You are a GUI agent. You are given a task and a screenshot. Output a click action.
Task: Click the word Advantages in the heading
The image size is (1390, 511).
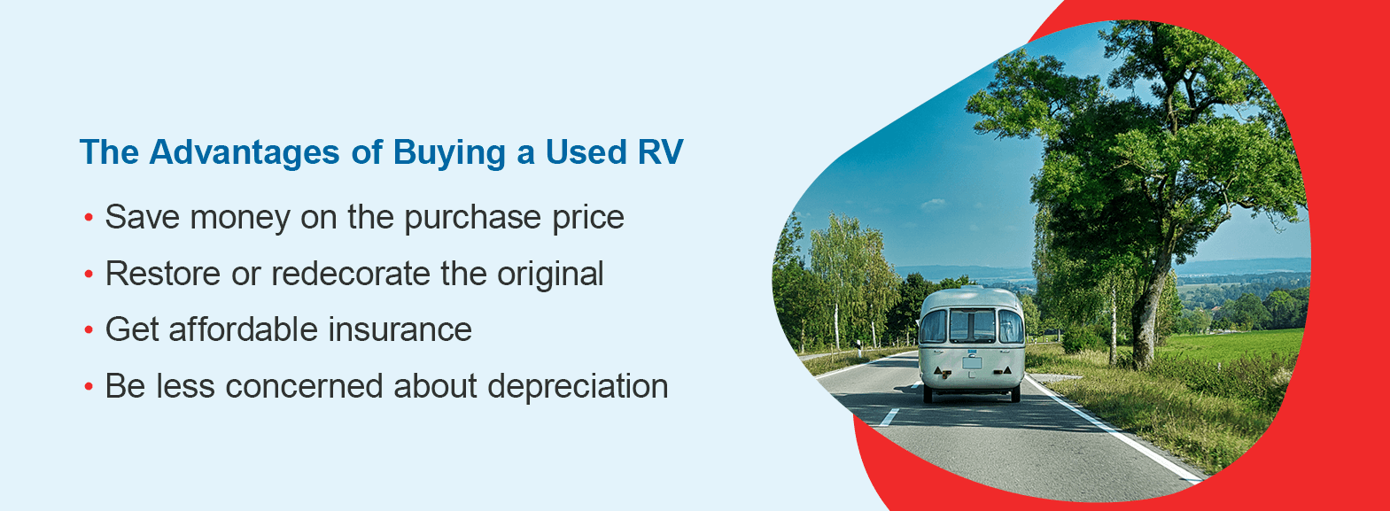click(245, 153)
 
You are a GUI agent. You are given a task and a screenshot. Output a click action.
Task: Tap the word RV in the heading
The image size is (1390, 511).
click(660, 152)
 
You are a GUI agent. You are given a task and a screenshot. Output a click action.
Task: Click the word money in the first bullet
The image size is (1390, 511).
click(240, 218)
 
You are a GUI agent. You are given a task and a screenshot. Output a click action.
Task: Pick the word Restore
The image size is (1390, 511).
click(163, 274)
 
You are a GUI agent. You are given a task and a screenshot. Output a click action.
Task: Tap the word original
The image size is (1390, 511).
click(550, 275)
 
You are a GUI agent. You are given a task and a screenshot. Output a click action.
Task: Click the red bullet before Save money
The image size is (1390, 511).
click(89, 218)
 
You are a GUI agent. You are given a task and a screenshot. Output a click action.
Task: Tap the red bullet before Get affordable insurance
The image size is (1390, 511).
click(89, 330)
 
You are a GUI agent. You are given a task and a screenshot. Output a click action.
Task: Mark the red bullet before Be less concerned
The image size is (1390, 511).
click(89, 387)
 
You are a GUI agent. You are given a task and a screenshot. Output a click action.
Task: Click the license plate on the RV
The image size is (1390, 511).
click(972, 362)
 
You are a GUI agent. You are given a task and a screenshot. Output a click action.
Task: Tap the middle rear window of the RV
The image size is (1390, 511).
click(972, 325)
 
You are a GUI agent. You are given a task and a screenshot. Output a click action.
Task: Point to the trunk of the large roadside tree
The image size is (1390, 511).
click(1149, 310)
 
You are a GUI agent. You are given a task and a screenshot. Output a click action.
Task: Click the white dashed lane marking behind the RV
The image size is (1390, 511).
click(889, 417)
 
